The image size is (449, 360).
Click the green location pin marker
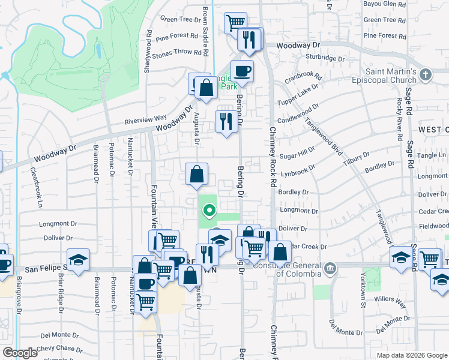coord(209,210)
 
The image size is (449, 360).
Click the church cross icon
coord(426,75)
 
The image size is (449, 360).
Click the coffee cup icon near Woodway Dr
coord(242,71)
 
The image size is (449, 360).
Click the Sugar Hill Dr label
coord(298,154)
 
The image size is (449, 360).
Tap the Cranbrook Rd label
coord(303,78)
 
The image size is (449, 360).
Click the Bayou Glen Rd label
coord(385,4)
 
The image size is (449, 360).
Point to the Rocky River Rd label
coord(399,119)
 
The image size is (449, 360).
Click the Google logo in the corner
coord(20,353)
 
